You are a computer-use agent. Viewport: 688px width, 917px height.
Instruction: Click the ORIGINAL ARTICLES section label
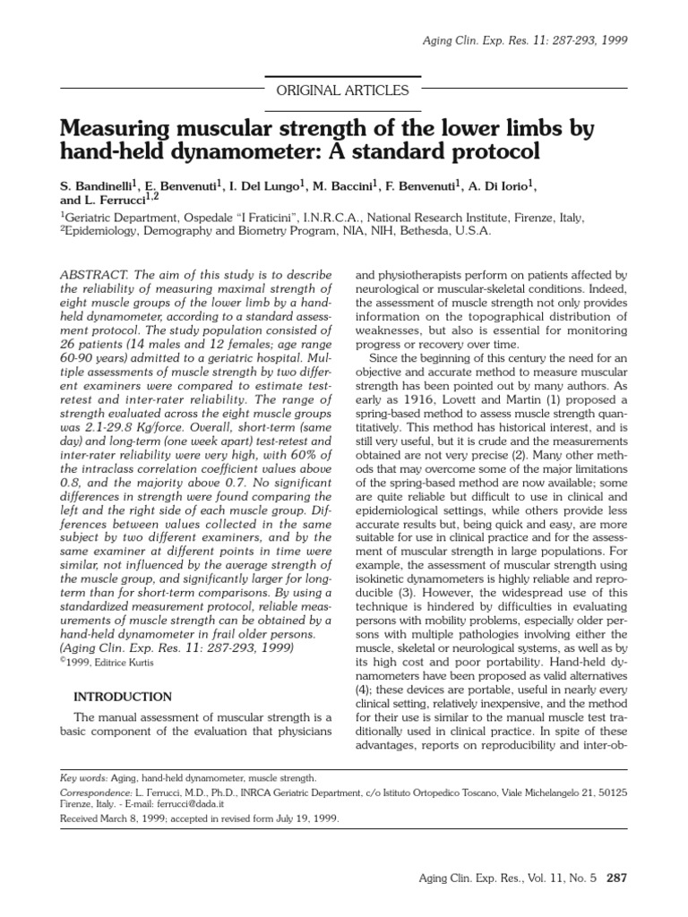pyautogui.click(x=344, y=90)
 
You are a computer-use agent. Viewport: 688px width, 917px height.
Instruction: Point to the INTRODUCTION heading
pyautogui.click(x=122, y=696)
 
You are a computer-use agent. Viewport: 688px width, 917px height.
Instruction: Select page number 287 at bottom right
pyautogui.click(x=617, y=878)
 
